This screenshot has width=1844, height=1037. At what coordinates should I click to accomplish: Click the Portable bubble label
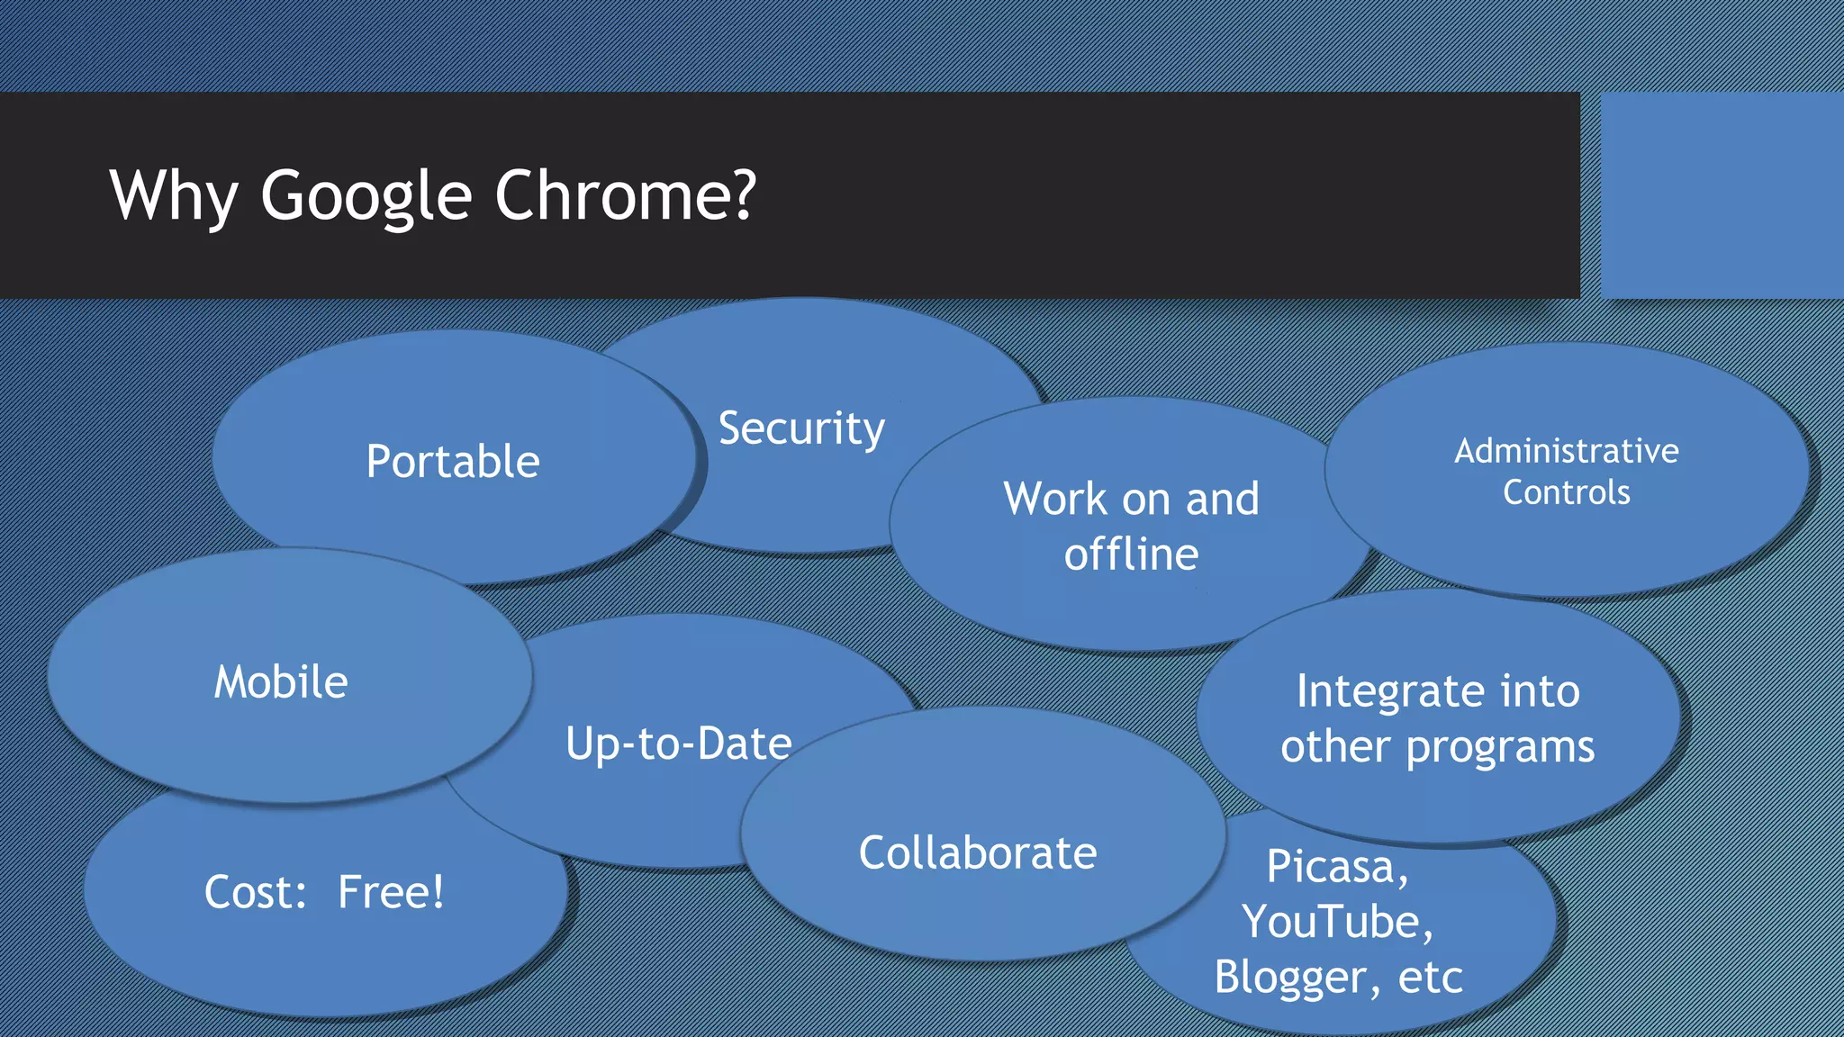point(453,462)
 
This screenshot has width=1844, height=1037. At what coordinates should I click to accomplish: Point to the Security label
point(801,428)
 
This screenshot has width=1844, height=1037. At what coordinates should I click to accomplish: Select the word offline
point(1131,555)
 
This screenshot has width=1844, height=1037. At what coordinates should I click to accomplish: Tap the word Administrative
point(1566,451)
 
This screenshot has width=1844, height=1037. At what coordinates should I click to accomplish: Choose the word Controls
point(1566,492)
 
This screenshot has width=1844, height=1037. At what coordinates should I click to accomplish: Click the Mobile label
point(281,682)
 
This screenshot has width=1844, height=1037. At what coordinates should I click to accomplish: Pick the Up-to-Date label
point(679,744)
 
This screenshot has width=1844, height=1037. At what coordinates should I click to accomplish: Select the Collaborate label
point(978,853)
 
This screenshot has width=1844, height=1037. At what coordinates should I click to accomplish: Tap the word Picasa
point(1336,867)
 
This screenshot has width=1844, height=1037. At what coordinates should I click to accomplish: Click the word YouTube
point(1336,923)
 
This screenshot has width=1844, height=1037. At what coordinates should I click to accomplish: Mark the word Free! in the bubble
point(391,893)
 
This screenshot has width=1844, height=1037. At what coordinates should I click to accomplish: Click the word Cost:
point(256,893)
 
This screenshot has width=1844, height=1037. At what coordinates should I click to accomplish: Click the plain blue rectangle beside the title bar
point(1722,195)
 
